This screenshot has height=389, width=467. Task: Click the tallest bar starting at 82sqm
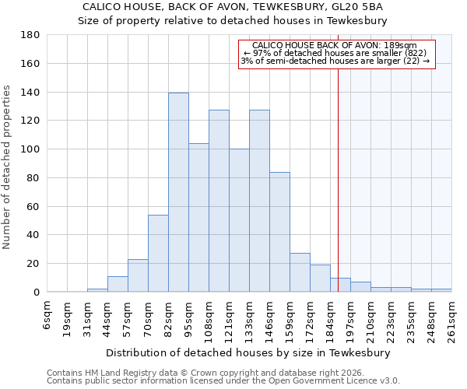click(x=178, y=192)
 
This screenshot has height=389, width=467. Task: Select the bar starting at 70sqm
click(x=158, y=253)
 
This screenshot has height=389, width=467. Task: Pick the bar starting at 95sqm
click(x=198, y=218)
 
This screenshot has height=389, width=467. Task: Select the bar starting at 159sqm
click(x=300, y=272)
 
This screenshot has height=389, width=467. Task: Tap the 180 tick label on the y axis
click(x=30, y=35)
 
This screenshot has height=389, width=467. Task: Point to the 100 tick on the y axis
click(x=30, y=149)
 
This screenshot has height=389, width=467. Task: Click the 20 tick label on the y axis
click(x=33, y=264)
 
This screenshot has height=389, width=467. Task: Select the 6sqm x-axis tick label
click(x=47, y=313)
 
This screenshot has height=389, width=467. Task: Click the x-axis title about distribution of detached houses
click(x=249, y=352)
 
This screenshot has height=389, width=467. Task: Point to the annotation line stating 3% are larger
click(x=335, y=61)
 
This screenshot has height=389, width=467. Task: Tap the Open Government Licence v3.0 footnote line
click(x=223, y=380)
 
